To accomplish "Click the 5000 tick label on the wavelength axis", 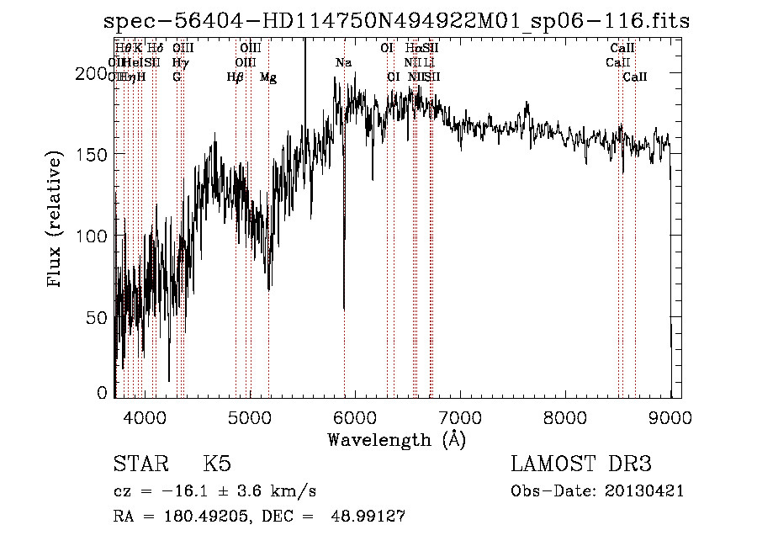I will pos(250,416).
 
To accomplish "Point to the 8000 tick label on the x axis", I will pos(565,416).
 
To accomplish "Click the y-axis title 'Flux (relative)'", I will pos(56,220).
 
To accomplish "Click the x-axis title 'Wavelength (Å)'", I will pos(396,439).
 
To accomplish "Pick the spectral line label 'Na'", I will pos(343,63).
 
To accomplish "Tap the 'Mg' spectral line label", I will pos(268,77).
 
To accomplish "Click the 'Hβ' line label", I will pos(236,77).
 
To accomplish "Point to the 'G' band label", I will pos(177,77).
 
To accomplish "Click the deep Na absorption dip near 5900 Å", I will pos(344,307).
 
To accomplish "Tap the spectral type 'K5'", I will pos(216,464).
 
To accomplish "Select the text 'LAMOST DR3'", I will pos(581,464).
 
